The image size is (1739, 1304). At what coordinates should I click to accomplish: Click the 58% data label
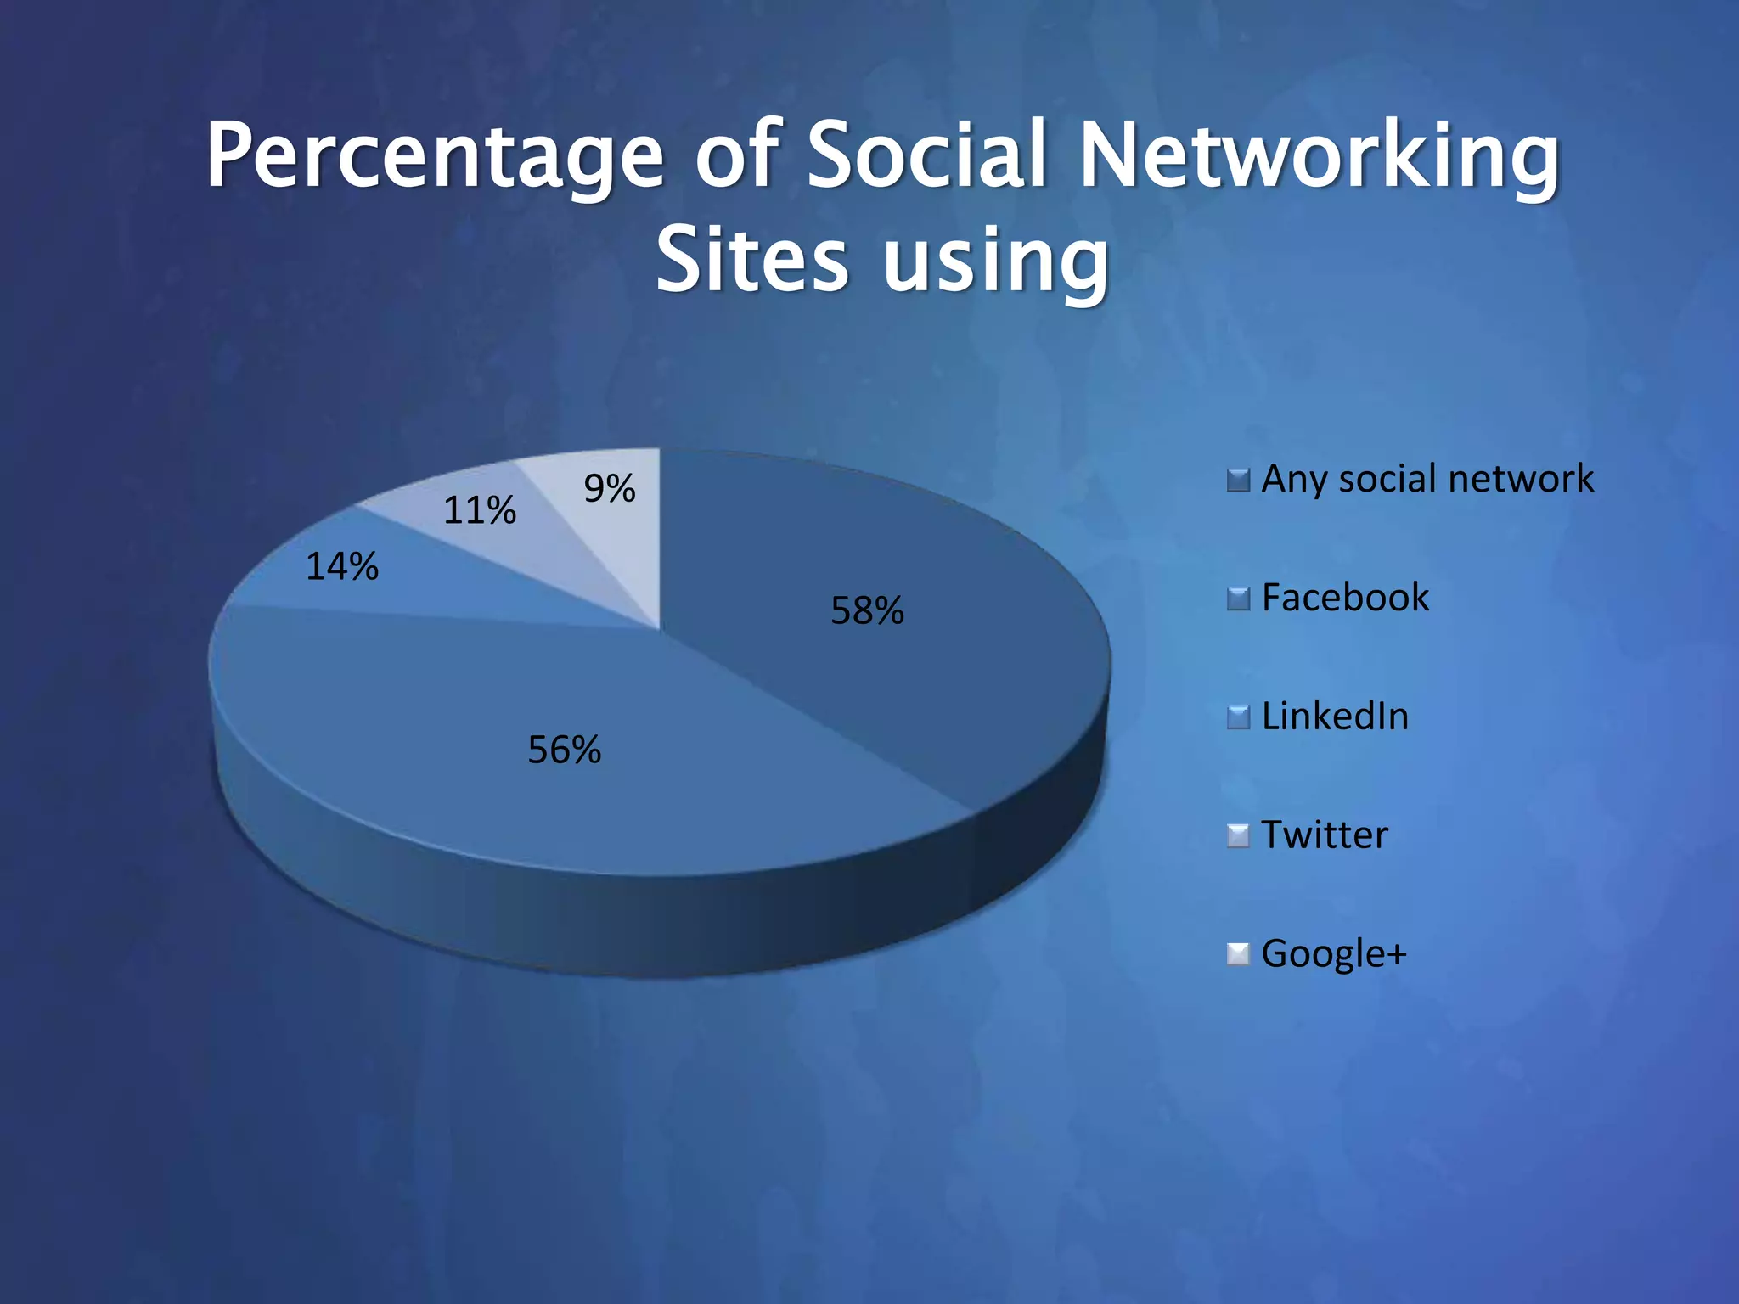pos(867,610)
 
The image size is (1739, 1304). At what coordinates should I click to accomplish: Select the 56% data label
pos(564,750)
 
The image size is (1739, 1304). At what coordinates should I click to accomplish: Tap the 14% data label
pos(341,566)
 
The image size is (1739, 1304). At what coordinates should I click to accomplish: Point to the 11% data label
pos(479,510)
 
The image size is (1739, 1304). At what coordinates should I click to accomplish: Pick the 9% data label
pos(609,488)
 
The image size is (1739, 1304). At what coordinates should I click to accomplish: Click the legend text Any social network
pos(1427,479)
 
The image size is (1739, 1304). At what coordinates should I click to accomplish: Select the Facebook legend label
pos(1345,598)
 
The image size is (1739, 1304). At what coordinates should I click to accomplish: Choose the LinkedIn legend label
pos(1335,717)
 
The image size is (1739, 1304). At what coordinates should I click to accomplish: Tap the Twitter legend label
pos(1325,835)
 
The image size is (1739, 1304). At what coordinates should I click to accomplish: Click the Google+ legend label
pos(1334,953)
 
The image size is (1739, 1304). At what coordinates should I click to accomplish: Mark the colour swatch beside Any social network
pos(1238,481)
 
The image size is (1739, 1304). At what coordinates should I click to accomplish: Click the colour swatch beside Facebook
pos(1238,599)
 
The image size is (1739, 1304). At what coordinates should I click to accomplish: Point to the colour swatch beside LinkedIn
pos(1238,718)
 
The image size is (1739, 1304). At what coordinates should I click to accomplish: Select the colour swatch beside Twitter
pos(1238,836)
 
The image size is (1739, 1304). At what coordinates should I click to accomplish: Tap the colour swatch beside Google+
pos(1238,955)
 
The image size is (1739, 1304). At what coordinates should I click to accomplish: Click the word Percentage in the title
pos(434,157)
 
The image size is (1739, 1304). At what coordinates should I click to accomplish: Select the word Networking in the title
pos(1319,157)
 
